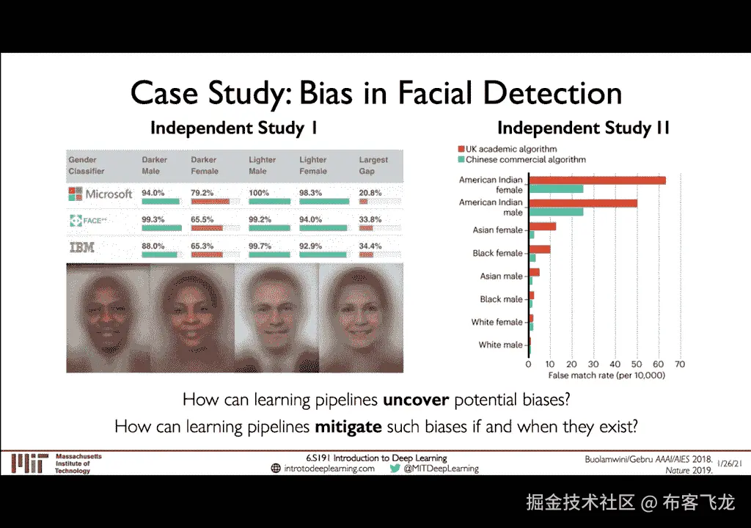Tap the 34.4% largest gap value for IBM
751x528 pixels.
point(370,246)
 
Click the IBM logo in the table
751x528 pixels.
point(82,247)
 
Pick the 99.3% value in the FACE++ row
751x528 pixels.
point(153,219)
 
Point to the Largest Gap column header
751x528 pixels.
point(373,165)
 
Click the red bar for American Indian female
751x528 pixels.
point(597,180)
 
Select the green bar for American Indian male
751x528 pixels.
point(556,212)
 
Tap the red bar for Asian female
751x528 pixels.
point(543,226)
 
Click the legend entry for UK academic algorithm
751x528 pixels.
point(508,149)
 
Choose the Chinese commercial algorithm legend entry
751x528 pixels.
point(522,160)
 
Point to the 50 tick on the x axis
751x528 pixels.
point(637,364)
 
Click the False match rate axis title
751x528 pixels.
point(607,375)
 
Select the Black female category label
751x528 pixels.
point(497,253)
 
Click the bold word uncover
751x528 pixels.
point(416,400)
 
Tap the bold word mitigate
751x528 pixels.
point(348,426)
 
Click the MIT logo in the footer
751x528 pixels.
point(29,463)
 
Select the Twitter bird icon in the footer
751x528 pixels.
point(395,469)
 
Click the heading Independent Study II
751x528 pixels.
point(583,128)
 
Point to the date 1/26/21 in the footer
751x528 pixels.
point(730,463)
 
